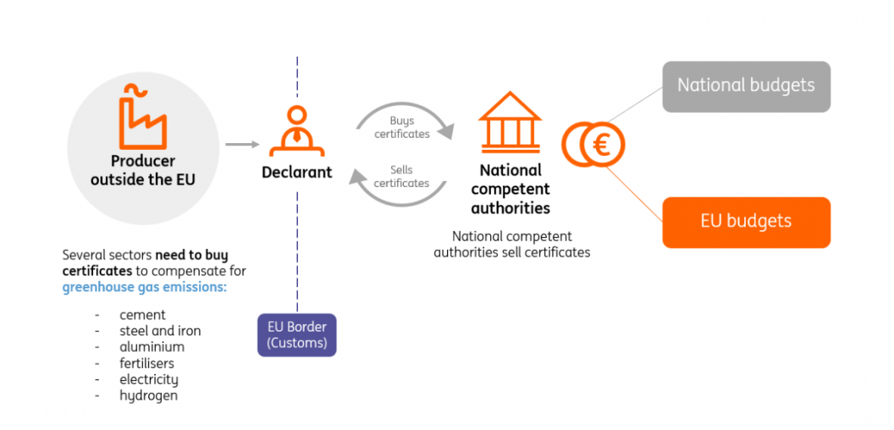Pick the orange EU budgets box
[x=746, y=223]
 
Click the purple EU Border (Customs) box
[x=296, y=335]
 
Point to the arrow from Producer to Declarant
[x=242, y=144]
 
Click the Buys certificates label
[x=402, y=127]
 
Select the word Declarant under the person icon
[x=296, y=172]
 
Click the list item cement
[x=142, y=314]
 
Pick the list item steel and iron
[x=160, y=331]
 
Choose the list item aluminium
[x=151, y=347]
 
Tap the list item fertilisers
[x=147, y=363]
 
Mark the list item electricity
[x=148, y=379]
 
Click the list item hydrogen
[x=148, y=395]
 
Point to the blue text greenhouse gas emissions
[x=144, y=287]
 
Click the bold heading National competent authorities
[x=511, y=189]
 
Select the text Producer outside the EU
[x=142, y=170]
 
